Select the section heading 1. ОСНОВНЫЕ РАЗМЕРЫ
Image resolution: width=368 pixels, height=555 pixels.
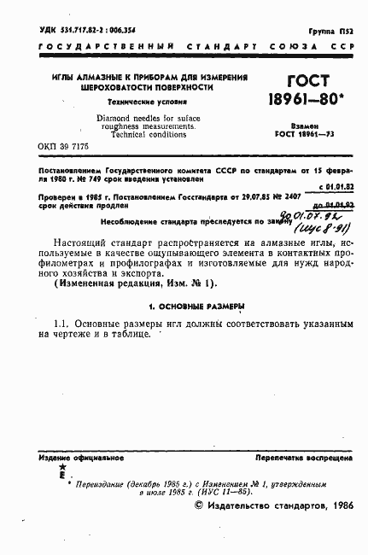click(185, 305)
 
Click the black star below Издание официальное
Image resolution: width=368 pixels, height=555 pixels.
click(61, 469)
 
